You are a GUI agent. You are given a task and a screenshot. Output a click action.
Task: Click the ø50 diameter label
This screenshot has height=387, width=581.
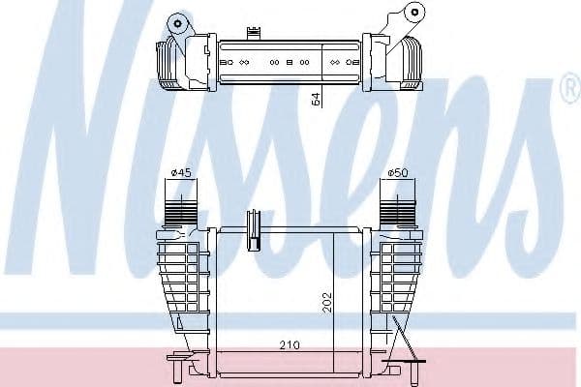click(397, 173)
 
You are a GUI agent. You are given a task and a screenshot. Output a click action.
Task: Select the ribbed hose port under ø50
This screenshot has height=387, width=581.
click(396, 207)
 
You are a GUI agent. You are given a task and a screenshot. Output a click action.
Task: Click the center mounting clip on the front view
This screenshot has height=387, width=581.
click(257, 225)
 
